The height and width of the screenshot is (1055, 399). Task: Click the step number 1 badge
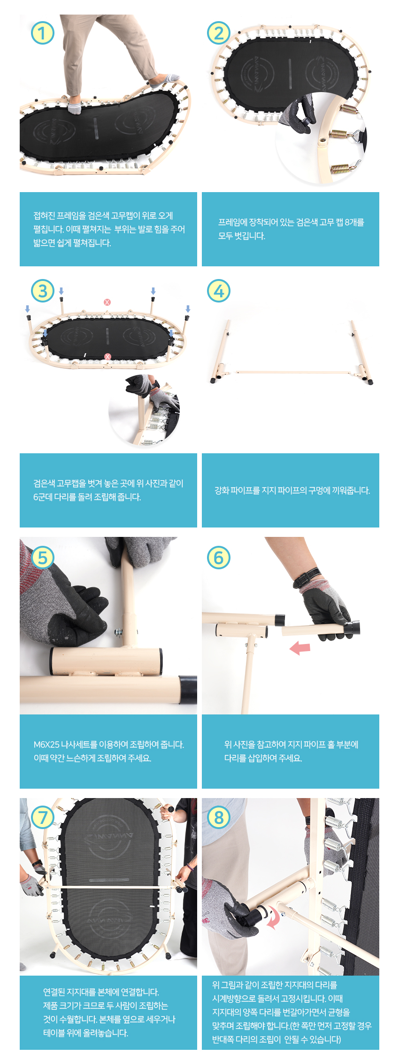(x=43, y=33)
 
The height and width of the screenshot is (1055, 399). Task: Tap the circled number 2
(x=219, y=33)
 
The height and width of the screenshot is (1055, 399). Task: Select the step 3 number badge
(x=43, y=291)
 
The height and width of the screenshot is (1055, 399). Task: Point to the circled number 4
(x=219, y=291)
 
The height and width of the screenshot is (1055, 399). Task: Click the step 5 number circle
(x=43, y=558)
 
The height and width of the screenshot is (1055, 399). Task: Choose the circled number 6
(x=219, y=558)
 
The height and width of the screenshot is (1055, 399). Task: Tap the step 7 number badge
(x=43, y=818)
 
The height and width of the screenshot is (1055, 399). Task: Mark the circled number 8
(x=219, y=818)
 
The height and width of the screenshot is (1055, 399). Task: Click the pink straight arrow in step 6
(x=300, y=648)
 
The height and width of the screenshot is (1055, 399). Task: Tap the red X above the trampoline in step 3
(x=107, y=302)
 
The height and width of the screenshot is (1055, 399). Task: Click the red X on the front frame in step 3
(x=107, y=357)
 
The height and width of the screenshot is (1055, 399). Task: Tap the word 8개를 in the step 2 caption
(x=354, y=222)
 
